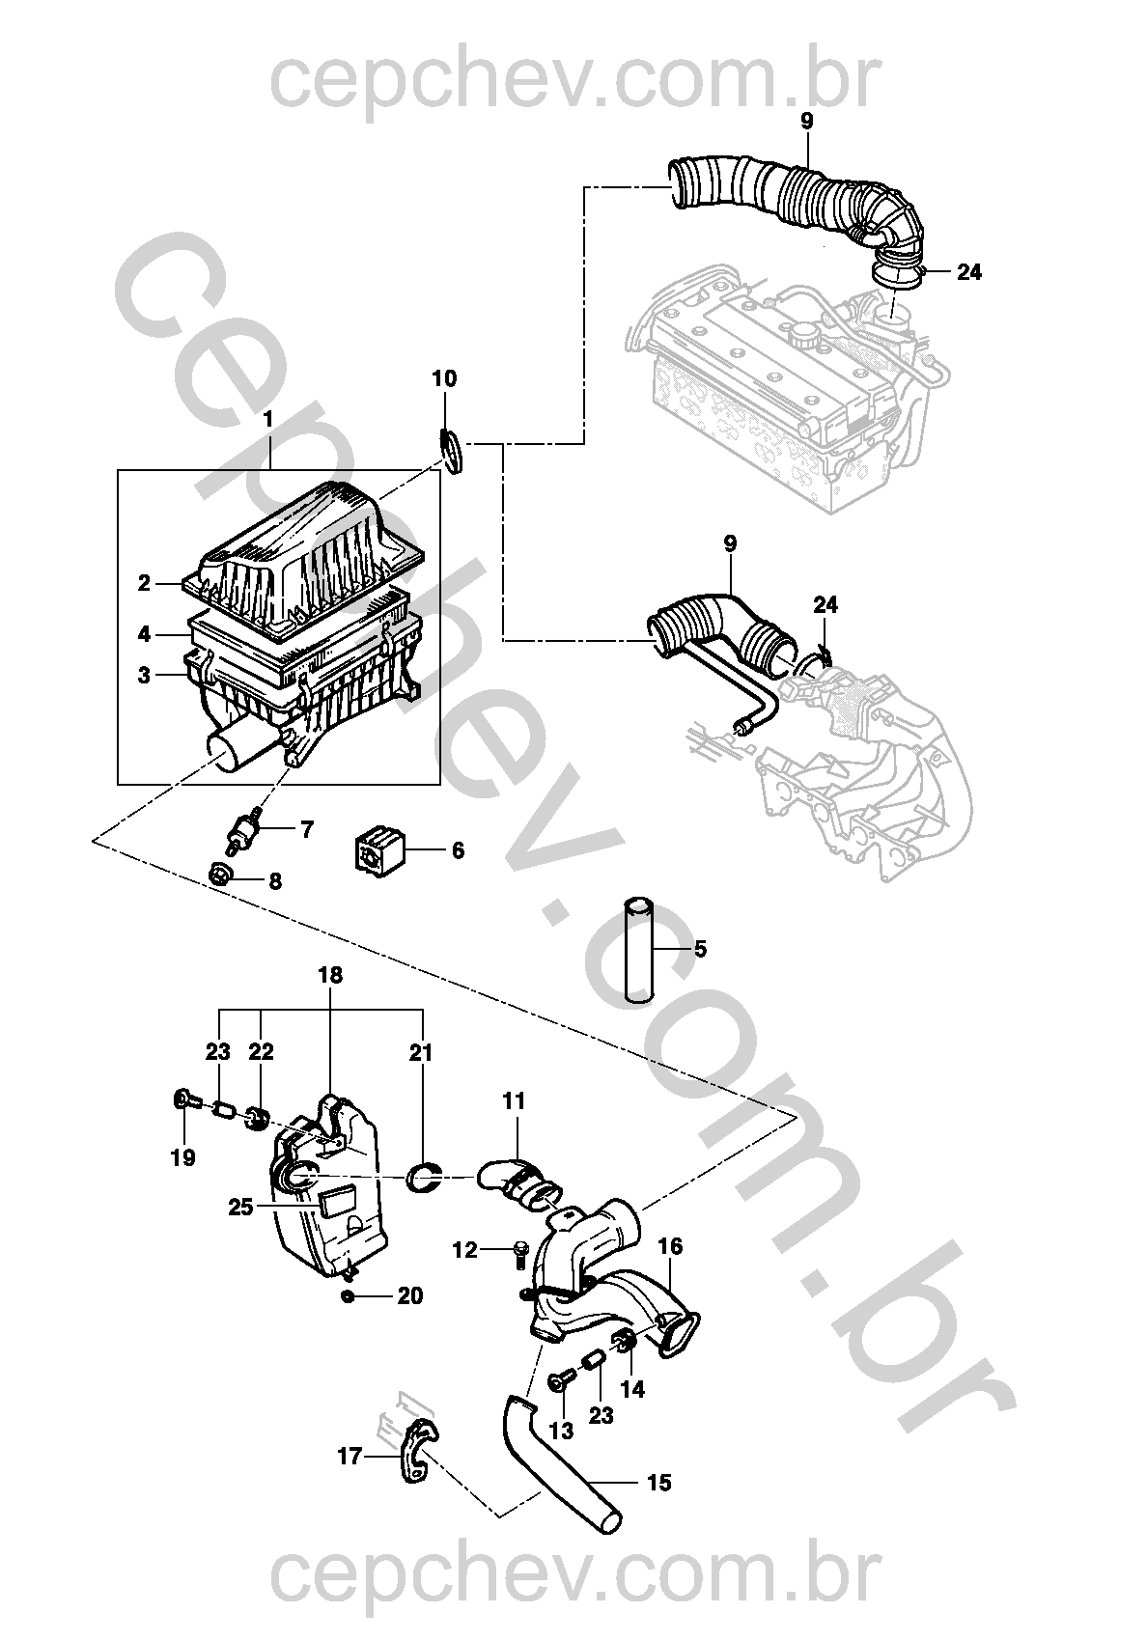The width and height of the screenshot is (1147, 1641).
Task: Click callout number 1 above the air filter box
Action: point(268,420)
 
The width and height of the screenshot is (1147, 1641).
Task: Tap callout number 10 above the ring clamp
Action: point(444,378)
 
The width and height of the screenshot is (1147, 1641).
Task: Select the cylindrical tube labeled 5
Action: point(637,950)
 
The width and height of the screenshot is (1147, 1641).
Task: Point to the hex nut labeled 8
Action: point(220,876)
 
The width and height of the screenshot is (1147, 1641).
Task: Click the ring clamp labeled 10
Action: point(453,452)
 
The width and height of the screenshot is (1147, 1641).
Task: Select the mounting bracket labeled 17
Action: point(416,1455)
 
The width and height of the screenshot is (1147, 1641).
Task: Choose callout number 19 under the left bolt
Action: point(182,1157)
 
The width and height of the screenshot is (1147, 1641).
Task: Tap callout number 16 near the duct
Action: point(670,1247)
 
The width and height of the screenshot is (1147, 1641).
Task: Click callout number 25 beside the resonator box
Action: point(241,1207)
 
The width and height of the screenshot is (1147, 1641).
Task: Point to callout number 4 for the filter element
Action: point(144,634)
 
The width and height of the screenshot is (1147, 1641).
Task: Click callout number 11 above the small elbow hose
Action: point(515,1099)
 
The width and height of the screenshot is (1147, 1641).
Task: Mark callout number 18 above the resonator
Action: point(330,975)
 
